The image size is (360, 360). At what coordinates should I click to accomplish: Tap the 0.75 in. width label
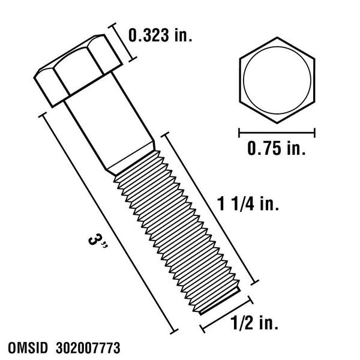click(x=277, y=148)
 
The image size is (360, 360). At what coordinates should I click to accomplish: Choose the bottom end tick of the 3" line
click(x=176, y=330)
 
